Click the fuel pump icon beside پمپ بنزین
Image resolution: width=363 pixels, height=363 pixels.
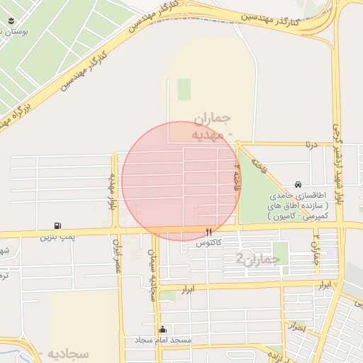point(58,226)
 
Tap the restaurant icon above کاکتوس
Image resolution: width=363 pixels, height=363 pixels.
point(208,232)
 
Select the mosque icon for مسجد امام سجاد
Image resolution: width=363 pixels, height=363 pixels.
point(164,329)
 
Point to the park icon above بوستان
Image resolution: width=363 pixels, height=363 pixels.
point(11,22)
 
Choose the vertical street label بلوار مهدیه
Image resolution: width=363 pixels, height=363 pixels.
point(111,191)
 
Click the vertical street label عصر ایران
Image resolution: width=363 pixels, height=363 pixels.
point(119,258)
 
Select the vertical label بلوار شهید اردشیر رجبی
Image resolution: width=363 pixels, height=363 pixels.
point(337,160)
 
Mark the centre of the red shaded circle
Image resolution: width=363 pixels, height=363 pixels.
point(180,180)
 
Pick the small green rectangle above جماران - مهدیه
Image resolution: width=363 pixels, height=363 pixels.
point(184,89)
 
